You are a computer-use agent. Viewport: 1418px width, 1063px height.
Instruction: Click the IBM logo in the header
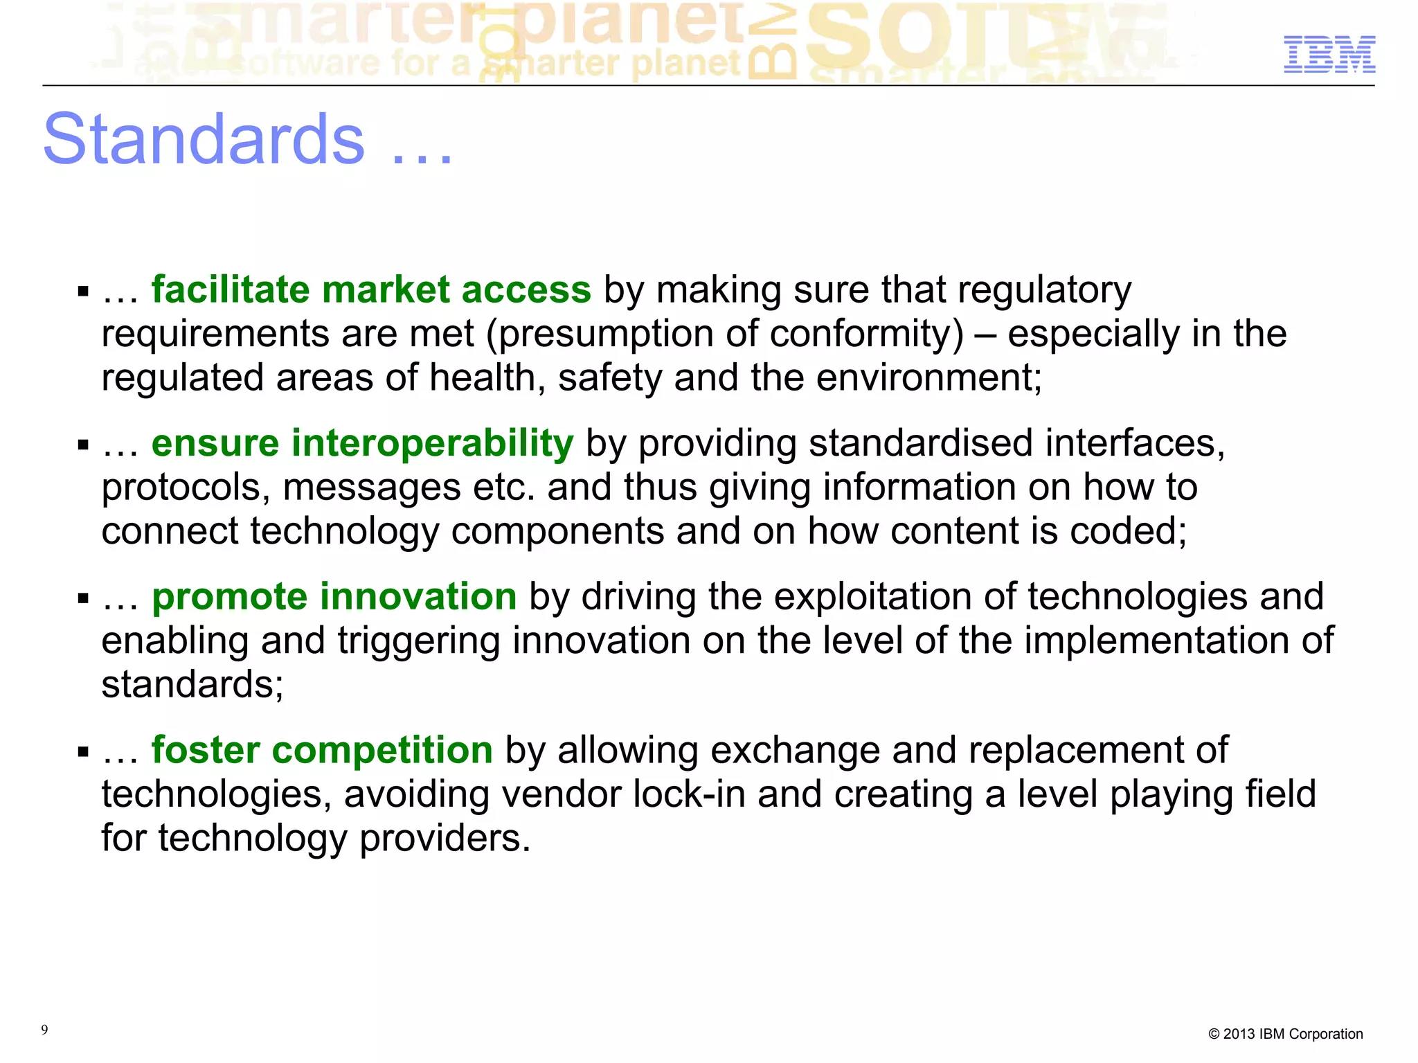[x=1329, y=54]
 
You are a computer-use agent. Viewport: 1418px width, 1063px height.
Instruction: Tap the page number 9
[x=44, y=1030]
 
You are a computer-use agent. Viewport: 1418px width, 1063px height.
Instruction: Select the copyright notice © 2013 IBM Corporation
[x=1285, y=1034]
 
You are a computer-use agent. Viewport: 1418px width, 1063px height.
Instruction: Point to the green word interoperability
[x=432, y=443]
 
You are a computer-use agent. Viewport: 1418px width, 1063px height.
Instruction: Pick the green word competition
[x=382, y=750]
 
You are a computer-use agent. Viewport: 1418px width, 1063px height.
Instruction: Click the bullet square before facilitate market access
[x=84, y=291]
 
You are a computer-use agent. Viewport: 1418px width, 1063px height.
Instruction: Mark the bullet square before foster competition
[x=84, y=751]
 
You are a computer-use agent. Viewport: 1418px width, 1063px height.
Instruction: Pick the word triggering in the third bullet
[x=419, y=641]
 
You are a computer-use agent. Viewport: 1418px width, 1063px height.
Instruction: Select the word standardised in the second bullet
[x=921, y=443]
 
